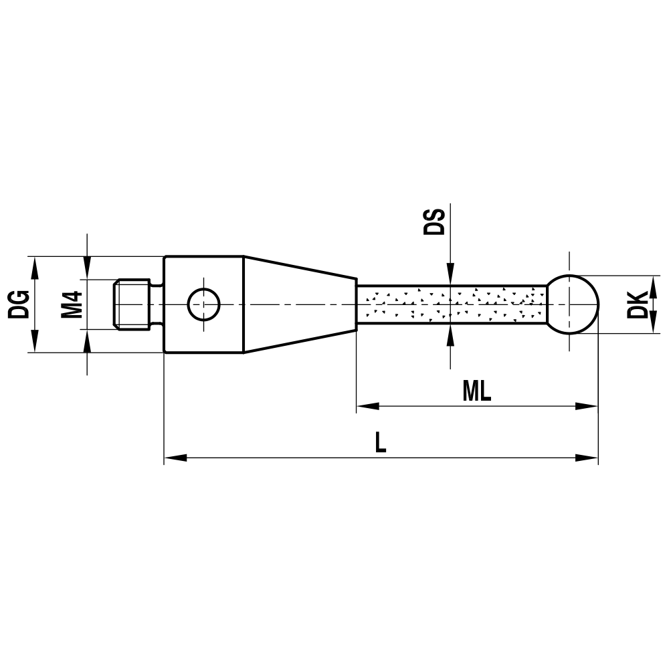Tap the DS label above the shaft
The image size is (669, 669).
[x=434, y=221]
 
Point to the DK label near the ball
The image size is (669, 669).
[x=638, y=304]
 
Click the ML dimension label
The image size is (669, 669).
[x=476, y=392]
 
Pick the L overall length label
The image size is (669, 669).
[x=380, y=444]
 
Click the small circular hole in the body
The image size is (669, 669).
[x=203, y=304]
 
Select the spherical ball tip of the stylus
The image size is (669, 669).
[x=573, y=304]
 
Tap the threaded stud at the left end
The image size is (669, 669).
[x=131, y=304]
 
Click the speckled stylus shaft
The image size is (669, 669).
[x=452, y=304]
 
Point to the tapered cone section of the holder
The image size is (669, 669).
[x=298, y=304]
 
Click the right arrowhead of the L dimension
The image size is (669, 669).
[x=587, y=458]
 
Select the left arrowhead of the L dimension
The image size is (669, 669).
[x=175, y=458]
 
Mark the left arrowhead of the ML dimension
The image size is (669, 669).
[x=367, y=406]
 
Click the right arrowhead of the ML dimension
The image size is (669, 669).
[x=587, y=406]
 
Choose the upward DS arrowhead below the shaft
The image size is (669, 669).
[x=451, y=334]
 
